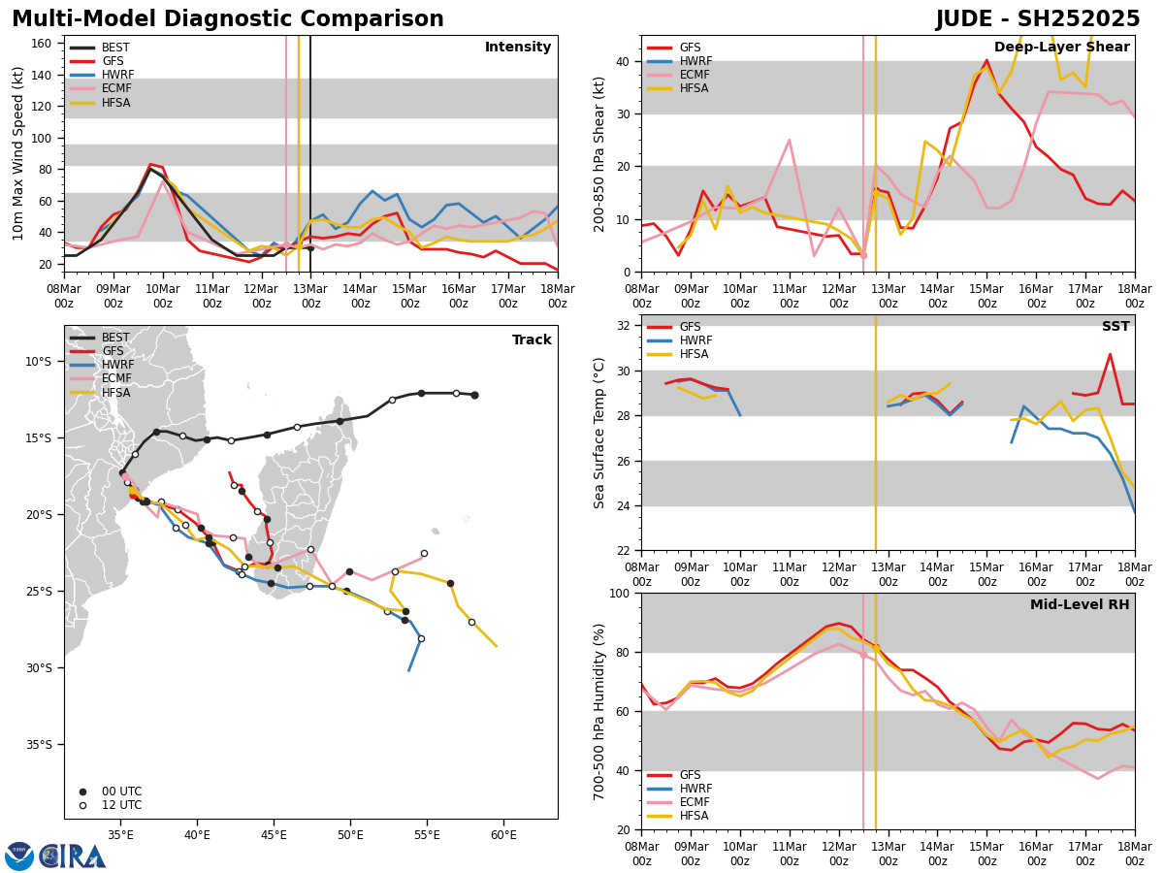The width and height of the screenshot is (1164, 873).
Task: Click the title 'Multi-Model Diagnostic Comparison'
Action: click(x=228, y=19)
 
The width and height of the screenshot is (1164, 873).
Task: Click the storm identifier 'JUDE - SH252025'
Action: click(x=1037, y=19)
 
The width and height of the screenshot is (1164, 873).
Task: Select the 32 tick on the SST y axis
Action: click(x=626, y=326)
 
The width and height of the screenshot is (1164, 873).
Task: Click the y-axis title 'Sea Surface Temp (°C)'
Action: click(x=600, y=433)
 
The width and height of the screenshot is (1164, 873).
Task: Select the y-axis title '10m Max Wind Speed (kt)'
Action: click(x=17, y=153)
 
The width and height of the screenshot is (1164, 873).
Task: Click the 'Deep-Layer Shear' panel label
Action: click(x=1061, y=48)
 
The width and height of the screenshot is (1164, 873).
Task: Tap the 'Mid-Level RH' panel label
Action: click(x=1080, y=605)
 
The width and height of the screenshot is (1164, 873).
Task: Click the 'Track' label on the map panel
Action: click(x=532, y=340)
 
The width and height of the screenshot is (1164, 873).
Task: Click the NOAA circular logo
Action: click(x=19, y=857)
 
